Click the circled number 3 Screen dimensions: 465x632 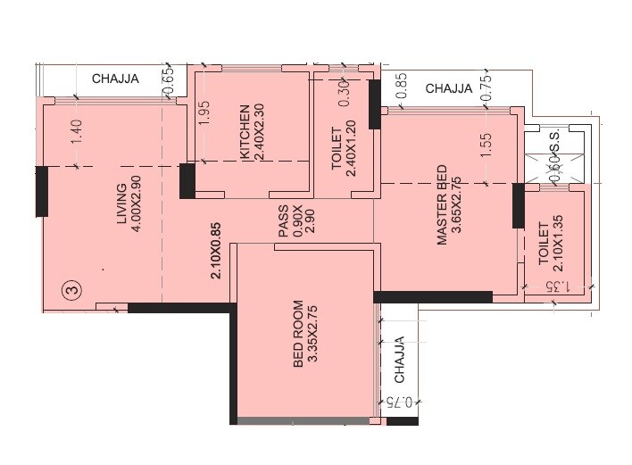pyautogui.click(x=72, y=289)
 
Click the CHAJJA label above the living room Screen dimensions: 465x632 pyautogui.click(x=115, y=79)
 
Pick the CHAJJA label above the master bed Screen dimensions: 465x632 pyautogui.click(x=448, y=88)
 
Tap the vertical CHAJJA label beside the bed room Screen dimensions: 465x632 pyautogui.click(x=399, y=360)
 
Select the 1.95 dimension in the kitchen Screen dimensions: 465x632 pyautogui.click(x=204, y=117)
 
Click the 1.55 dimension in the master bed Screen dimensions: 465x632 pyautogui.click(x=486, y=145)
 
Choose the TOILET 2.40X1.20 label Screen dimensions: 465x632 pyautogui.click(x=343, y=151)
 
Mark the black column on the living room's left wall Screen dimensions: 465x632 pyautogui.click(x=41, y=190)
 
